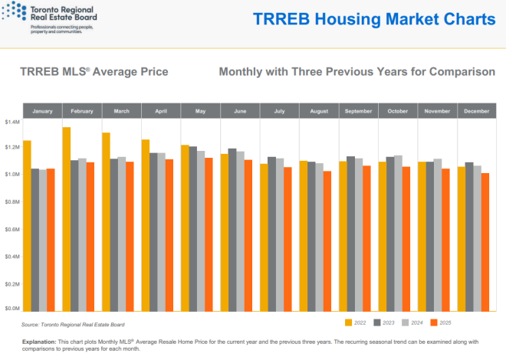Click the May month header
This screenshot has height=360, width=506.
[201, 111]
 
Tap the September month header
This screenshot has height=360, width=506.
[358, 111]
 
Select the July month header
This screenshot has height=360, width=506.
[280, 111]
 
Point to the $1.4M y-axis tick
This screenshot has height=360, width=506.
[12, 122]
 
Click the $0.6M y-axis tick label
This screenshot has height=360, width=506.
[12, 229]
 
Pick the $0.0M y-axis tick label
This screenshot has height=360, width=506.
[12, 309]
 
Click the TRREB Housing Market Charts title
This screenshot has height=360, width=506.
[374, 20]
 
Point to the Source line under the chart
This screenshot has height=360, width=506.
[74, 325]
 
